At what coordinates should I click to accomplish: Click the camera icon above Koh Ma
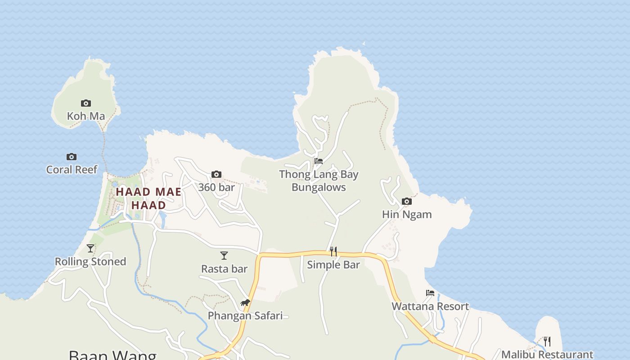coord(85,103)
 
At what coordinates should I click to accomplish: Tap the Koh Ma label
coord(85,116)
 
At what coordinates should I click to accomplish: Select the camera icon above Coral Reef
coord(71,157)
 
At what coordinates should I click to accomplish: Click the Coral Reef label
coord(72,170)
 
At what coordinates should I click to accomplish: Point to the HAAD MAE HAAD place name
coord(148,198)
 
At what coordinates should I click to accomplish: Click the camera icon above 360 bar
coord(216,175)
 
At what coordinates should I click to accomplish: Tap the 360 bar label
coord(216,187)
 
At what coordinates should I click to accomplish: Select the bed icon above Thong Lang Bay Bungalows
coord(319,161)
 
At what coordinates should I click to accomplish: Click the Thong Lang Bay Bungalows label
coord(319,180)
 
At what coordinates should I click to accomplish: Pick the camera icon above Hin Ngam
coord(406,202)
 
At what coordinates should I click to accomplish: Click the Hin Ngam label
coord(407,215)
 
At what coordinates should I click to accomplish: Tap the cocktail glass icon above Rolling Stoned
coord(90,248)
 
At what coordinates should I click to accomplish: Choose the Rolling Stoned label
coord(90,261)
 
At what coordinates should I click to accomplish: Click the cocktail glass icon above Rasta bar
coord(224,256)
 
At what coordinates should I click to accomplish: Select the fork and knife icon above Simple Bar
coord(333,251)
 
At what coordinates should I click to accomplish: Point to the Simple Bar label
coord(333,265)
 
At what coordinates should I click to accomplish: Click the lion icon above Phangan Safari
coord(245,303)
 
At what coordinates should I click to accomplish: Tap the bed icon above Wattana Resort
coord(430,293)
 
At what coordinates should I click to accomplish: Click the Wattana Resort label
coord(430,306)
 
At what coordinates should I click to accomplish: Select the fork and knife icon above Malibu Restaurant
coord(547,342)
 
